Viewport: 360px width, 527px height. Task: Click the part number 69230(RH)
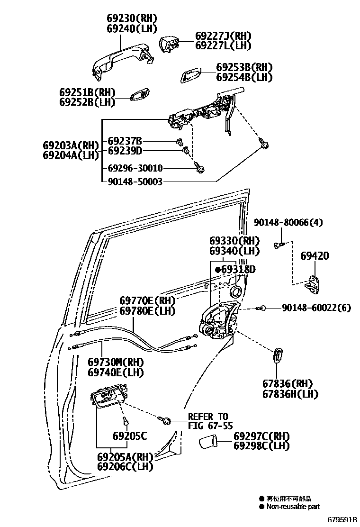(131, 18)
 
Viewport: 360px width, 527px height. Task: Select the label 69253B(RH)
(244, 67)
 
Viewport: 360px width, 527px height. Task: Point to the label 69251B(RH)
(88, 92)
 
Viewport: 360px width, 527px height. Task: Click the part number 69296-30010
(135, 168)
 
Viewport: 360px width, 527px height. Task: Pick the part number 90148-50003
(135, 181)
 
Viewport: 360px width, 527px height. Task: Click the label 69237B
(125, 141)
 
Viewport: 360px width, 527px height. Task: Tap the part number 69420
(315, 256)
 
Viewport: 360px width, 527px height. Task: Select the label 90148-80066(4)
(288, 222)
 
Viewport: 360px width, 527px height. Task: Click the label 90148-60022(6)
(316, 308)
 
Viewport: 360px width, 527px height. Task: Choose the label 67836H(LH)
(291, 394)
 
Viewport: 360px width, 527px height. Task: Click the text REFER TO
(208, 417)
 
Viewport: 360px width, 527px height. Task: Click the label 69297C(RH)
(261, 436)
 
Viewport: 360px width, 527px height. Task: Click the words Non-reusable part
(293, 507)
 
